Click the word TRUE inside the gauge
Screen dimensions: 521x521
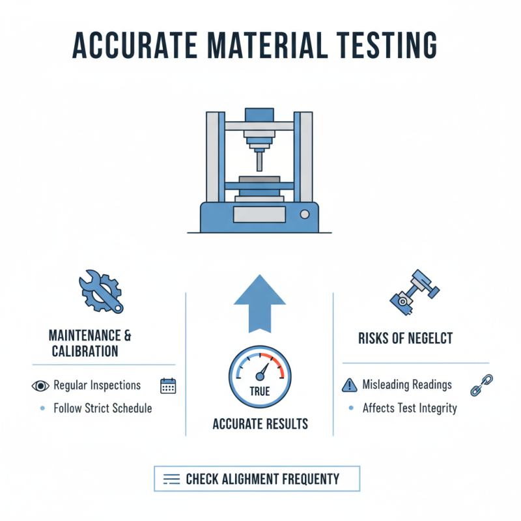click(260, 392)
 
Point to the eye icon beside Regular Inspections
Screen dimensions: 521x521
click(40, 386)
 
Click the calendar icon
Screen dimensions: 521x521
click(168, 386)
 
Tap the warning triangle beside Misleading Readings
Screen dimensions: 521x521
click(349, 385)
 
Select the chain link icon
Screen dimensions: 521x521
click(481, 385)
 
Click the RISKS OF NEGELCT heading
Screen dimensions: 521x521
click(405, 338)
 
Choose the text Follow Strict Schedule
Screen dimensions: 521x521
click(103, 408)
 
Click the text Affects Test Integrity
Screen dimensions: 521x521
click(410, 408)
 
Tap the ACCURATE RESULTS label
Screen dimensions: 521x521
click(260, 424)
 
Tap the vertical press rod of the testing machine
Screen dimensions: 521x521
click(260, 160)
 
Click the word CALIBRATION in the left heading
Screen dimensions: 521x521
click(85, 351)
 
